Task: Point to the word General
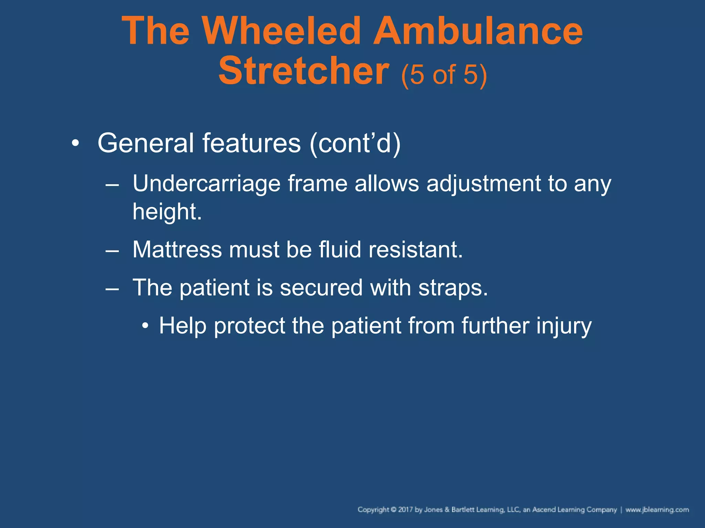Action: tap(146, 143)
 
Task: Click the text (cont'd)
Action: tap(355, 144)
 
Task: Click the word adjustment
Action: tap(484, 184)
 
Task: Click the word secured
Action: tap(321, 287)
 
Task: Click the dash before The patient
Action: tap(112, 288)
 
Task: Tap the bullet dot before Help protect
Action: tap(145, 326)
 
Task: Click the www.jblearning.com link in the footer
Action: tap(657, 509)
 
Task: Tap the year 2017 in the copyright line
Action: tap(406, 509)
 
